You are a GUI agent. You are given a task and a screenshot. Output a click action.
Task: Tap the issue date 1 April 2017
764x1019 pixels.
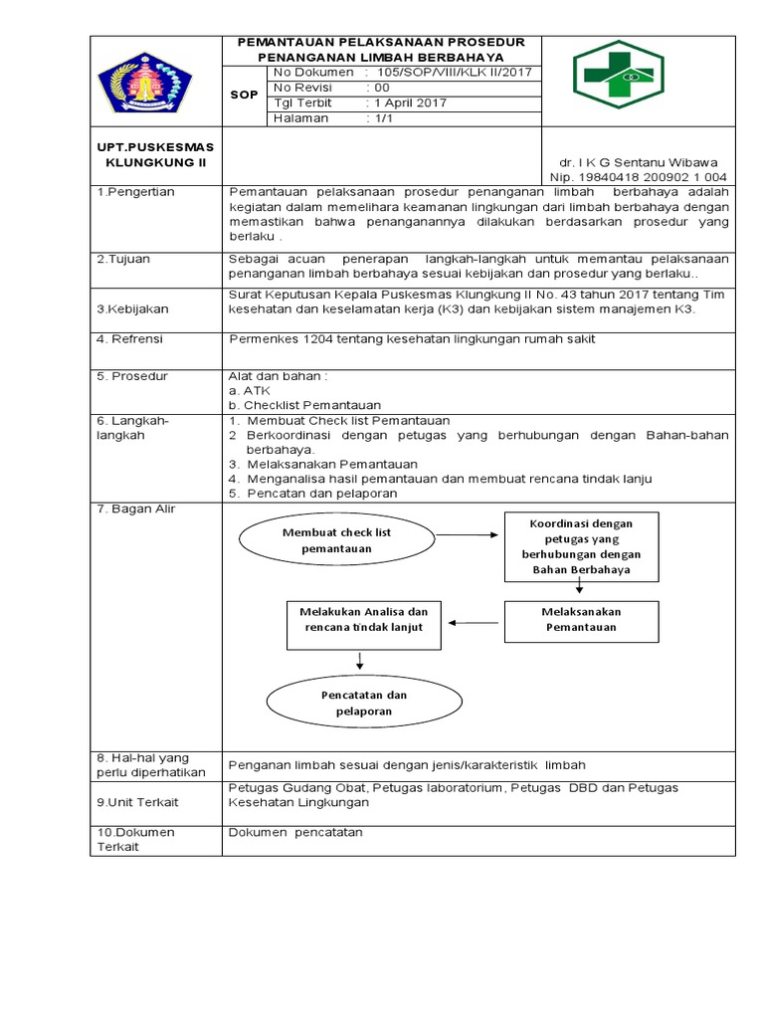click(410, 102)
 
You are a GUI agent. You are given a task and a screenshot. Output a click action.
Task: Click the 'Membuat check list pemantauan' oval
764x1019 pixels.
click(336, 540)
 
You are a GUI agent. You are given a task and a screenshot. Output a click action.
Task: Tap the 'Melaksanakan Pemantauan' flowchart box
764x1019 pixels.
click(580, 620)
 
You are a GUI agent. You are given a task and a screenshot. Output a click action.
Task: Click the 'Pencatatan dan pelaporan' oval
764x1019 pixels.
click(363, 703)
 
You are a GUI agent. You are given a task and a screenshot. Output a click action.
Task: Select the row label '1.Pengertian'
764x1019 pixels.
click(136, 192)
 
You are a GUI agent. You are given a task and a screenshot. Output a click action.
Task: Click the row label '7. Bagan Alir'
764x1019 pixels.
click(136, 509)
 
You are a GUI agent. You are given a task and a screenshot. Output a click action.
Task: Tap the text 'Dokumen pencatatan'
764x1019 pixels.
click(296, 831)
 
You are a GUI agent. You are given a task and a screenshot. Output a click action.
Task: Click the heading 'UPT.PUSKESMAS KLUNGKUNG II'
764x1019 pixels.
click(154, 154)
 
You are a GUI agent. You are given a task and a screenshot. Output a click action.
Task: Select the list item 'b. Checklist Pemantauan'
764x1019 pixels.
click(304, 405)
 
